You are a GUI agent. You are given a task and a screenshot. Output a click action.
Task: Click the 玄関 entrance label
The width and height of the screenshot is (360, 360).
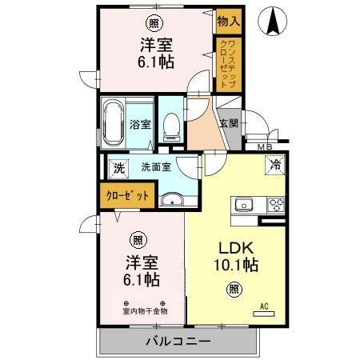pyautogui.click(x=229, y=123)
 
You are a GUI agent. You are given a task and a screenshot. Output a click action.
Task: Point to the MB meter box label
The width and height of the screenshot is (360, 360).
pyautogui.click(x=264, y=146)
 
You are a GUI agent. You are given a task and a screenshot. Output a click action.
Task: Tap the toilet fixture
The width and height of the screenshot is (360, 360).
pyautogui.click(x=170, y=125)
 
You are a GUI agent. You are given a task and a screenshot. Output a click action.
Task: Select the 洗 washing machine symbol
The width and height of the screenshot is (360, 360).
pyautogui.click(x=118, y=169)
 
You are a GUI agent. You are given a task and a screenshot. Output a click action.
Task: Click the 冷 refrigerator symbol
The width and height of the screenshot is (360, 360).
pyautogui.click(x=274, y=166)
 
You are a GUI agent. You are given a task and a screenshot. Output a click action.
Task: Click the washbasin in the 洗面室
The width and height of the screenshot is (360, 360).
pyautogui.click(x=170, y=200)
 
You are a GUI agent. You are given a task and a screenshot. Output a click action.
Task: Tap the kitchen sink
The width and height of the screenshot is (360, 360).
pyautogui.click(x=243, y=205)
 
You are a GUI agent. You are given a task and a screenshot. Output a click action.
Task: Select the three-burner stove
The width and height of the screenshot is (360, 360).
pyautogui.click(x=276, y=205)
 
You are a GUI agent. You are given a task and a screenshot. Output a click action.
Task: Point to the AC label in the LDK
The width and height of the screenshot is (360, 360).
pyautogui.click(x=265, y=306)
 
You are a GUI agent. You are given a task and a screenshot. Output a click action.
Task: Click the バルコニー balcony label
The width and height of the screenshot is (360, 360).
pyautogui.click(x=178, y=342)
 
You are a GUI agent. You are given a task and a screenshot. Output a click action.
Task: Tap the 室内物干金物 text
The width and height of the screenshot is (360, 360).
pyautogui.click(x=145, y=311)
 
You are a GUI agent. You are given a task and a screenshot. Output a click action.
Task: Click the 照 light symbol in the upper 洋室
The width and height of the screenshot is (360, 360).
pyautogui.click(x=151, y=24)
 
